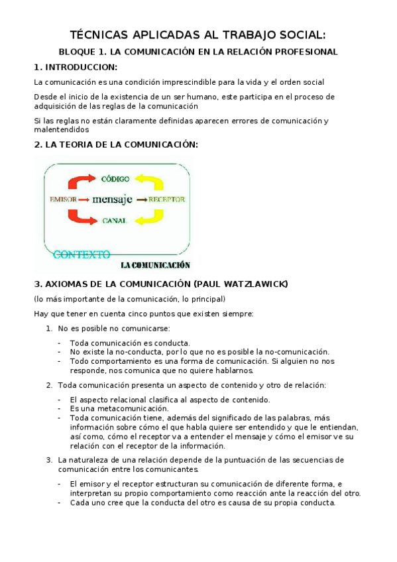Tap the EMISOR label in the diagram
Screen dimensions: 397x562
pos(63,199)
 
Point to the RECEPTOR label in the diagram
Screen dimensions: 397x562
pos(166,199)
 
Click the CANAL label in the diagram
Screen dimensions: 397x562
pos(115,220)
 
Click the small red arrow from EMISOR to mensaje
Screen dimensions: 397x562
pos(85,199)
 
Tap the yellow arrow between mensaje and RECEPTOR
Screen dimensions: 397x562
pos(141,199)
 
